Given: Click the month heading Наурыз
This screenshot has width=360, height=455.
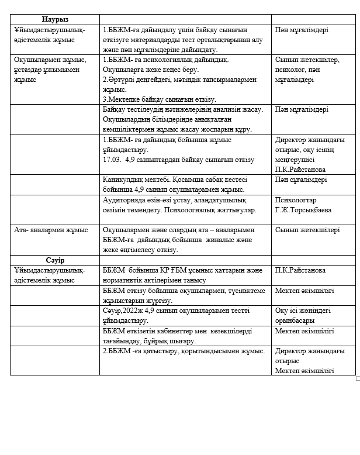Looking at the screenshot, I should (x=55, y=19).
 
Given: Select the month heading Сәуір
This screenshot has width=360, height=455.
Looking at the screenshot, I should (x=55, y=260).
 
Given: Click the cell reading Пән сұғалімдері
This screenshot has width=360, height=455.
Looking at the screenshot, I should (x=301, y=180).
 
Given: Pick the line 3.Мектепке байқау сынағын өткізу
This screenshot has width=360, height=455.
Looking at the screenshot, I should (x=160, y=99).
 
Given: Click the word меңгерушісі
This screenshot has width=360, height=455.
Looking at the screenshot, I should (x=295, y=160).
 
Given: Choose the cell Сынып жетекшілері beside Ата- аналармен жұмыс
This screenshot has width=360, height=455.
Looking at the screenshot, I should (x=307, y=230).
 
